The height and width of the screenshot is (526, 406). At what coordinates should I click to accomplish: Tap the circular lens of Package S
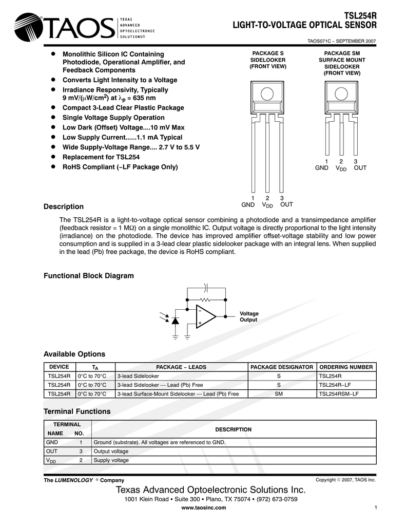click(267, 93)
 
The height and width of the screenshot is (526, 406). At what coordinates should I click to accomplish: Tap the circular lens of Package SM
click(341, 93)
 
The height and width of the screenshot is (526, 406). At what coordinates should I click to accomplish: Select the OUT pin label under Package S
click(286, 204)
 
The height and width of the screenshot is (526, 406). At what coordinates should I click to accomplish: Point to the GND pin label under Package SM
click(322, 168)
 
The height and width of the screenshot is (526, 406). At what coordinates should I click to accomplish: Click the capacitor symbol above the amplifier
click(206, 287)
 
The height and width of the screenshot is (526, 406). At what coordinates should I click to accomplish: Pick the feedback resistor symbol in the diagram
click(205, 299)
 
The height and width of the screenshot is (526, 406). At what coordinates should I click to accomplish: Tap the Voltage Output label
click(249, 316)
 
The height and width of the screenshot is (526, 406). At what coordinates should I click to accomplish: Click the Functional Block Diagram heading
click(88, 276)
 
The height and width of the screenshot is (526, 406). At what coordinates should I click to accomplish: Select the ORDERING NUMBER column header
click(346, 367)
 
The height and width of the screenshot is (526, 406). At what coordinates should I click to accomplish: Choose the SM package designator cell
click(279, 394)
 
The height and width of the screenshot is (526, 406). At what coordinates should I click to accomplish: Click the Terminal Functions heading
click(77, 411)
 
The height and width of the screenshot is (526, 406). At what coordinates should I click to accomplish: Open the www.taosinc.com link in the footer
click(204, 508)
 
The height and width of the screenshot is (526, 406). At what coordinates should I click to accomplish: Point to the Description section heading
click(64, 206)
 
